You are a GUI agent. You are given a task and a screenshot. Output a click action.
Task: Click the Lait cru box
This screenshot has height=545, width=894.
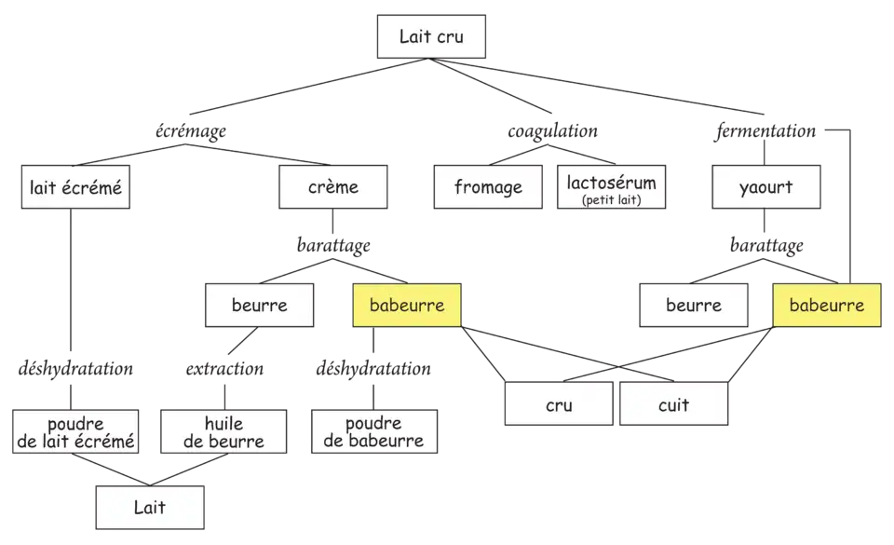point(430,38)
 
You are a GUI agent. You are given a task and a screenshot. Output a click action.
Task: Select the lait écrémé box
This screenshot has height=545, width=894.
point(73,188)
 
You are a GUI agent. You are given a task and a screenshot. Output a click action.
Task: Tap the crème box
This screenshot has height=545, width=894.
point(332,188)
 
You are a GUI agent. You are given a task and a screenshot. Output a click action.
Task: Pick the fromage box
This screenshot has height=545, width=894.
point(488,188)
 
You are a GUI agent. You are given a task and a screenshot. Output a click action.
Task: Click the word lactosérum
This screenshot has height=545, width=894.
point(611,182)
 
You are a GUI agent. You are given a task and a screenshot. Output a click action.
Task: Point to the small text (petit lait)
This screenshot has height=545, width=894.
point(611,199)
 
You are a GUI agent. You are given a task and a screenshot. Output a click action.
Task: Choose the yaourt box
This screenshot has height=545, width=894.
point(765,188)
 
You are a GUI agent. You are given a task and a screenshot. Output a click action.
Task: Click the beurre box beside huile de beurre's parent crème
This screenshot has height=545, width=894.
point(259,306)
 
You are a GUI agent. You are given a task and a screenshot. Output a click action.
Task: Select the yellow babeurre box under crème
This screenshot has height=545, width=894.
point(407,306)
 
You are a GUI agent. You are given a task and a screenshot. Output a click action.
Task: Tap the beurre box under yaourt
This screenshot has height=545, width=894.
point(693,306)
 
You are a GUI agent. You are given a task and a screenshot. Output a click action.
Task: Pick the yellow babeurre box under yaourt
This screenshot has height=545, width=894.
point(827,306)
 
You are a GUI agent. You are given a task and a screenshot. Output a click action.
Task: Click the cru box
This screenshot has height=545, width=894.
point(559,405)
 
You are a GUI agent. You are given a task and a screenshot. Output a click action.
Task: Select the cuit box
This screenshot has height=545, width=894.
point(673,405)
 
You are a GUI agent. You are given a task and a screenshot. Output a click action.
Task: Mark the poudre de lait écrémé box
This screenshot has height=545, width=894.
point(75,432)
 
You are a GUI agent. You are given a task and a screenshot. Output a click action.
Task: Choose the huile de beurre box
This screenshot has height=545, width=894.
point(223,432)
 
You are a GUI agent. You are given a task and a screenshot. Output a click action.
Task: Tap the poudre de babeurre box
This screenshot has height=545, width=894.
point(373,432)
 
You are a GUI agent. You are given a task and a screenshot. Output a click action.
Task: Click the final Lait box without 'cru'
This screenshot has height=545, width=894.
point(150,508)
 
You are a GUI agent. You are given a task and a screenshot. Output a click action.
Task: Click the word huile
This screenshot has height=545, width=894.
point(223,424)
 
